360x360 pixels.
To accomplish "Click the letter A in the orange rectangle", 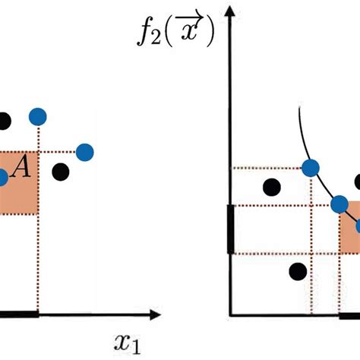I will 24,169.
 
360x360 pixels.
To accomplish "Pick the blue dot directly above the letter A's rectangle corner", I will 37,116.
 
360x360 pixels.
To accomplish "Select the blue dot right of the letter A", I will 86,152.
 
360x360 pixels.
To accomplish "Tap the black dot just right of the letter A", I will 62,172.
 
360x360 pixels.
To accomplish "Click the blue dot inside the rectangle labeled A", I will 2,178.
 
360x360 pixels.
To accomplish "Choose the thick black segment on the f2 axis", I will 230,228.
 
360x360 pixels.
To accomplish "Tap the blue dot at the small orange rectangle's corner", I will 339,204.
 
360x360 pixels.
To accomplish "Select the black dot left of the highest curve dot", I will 270,187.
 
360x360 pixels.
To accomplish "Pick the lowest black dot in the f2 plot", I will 298,271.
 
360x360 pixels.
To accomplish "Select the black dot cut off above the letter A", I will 4,120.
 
